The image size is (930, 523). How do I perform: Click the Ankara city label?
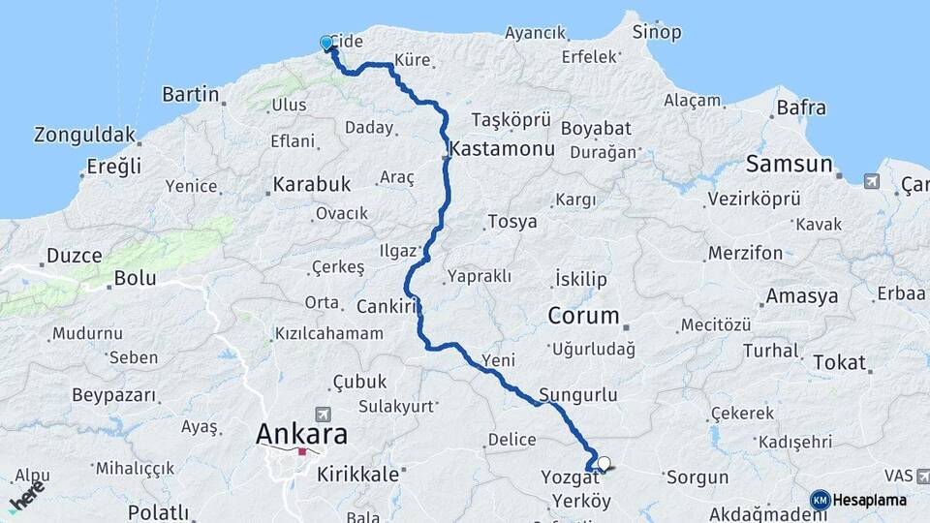tap(301, 434)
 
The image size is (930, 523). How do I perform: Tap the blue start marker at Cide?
tap(326, 43)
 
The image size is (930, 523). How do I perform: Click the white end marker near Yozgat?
tap(604, 464)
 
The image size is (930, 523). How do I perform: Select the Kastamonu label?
tap(502, 150)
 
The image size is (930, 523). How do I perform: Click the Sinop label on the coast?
tap(657, 32)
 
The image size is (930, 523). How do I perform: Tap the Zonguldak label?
tap(84, 134)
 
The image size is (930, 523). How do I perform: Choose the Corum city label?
tap(583, 316)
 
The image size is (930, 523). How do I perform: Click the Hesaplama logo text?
tap(871, 500)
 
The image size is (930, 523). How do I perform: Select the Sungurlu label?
tap(577, 394)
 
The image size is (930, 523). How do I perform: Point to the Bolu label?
tap(135, 278)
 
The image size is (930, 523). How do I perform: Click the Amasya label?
tap(801, 296)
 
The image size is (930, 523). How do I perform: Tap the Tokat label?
tap(839, 363)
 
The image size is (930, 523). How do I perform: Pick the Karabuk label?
tap(311, 183)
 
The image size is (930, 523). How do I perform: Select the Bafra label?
tap(800, 108)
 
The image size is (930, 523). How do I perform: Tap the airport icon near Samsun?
tap(870, 181)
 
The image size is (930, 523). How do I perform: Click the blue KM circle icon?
tap(821, 500)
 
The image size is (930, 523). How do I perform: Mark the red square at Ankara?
tap(302, 451)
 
